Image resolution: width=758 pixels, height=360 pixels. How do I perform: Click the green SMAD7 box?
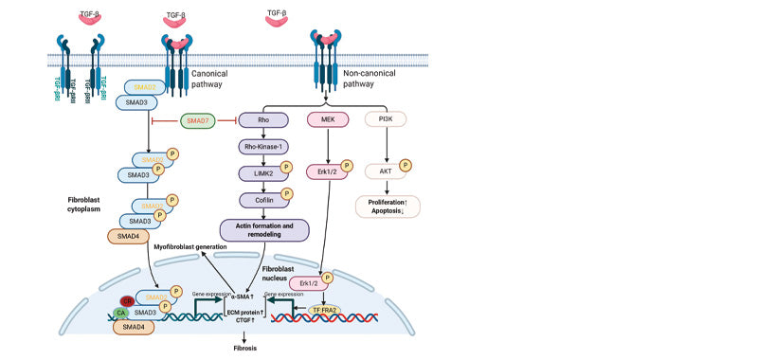[197, 121]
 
